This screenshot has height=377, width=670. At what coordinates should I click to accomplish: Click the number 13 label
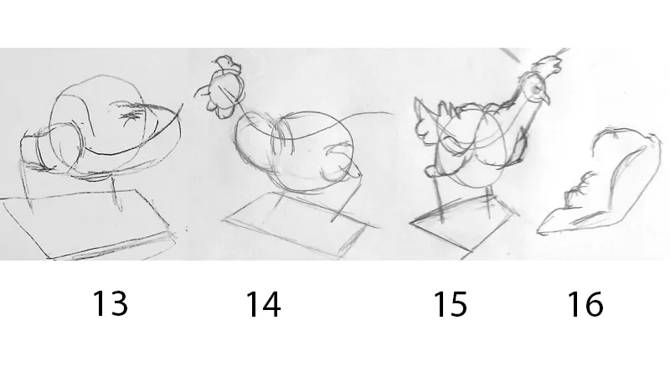pyautogui.click(x=111, y=304)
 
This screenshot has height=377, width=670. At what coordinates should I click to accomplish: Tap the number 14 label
pyautogui.click(x=263, y=304)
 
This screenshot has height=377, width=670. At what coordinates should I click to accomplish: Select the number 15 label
pyautogui.click(x=450, y=304)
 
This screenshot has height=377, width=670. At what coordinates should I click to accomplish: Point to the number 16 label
pyautogui.click(x=585, y=304)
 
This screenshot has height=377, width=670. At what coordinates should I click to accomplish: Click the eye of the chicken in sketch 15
pyautogui.click(x=537, y=90)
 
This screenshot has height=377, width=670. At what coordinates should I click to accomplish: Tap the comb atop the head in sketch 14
pyautogui.click(x=226, y=64)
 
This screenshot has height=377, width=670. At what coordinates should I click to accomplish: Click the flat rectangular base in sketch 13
pyautogui.click(x=88, y=225)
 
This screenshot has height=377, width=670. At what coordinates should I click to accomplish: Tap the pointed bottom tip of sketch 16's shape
pyautogui.click(x=539, y=232)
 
